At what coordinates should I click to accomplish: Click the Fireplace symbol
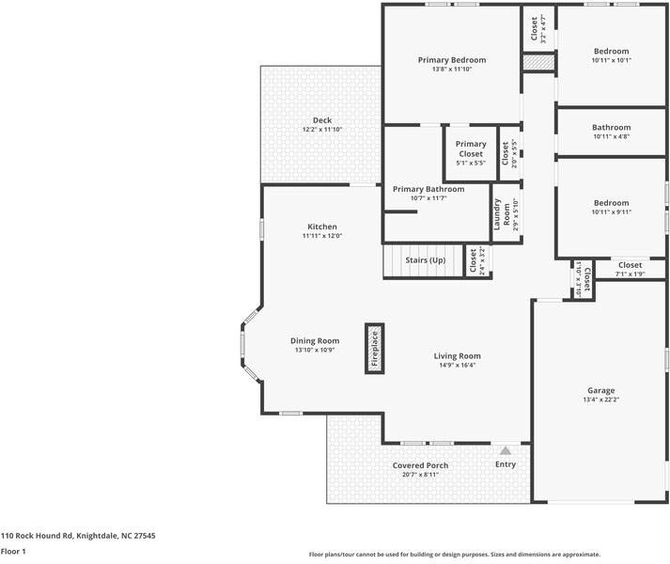374,348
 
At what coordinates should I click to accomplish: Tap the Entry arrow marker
506,451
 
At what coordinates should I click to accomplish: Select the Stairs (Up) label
424,259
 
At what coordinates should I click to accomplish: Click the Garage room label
600,390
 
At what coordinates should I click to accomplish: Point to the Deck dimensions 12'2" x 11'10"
322,130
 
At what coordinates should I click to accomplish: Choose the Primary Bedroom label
451,59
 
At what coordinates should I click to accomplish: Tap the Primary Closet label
471,149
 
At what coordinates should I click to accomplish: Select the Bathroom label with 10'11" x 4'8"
611,127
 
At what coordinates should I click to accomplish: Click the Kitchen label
321,227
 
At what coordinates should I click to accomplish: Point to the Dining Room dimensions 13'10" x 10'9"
314,350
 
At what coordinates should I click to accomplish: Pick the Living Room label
457,355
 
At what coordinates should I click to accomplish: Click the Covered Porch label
420,465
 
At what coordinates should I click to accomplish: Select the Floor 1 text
13,551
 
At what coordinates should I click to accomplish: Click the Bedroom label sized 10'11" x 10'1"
611,51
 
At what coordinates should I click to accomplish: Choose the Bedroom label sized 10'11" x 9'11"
611,202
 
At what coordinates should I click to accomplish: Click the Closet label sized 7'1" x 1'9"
630,265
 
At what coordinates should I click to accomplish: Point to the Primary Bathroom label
428,189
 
